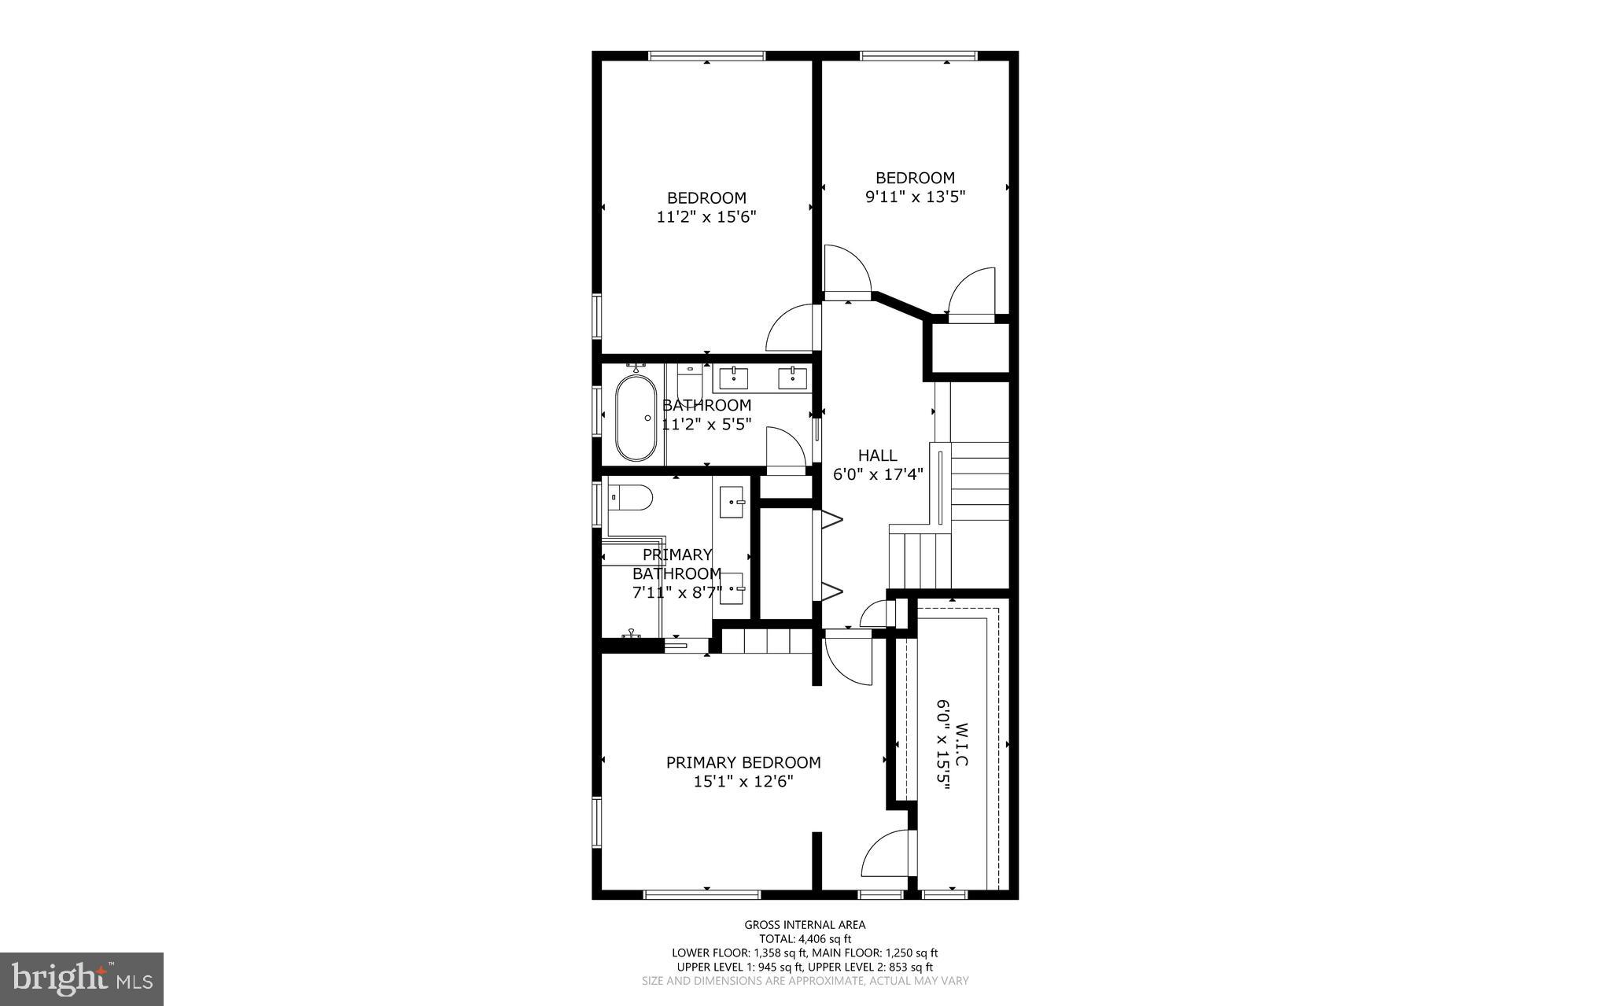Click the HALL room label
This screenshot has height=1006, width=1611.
pos(877,455)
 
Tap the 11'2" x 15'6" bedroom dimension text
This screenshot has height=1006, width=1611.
pos(706,217)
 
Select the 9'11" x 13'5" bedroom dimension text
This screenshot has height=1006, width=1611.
pos(915,197)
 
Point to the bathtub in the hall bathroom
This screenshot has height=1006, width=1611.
pos(636,418)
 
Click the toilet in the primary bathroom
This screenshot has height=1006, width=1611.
pos(632,498)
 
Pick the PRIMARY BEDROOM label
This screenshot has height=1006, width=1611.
pos(743,762)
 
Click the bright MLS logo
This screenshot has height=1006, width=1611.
pos(82,978)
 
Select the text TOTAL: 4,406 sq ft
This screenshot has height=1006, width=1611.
pos(805,938)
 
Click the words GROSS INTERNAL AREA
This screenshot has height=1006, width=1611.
pos(805,925)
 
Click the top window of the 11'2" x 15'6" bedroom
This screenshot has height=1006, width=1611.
pos(706,56)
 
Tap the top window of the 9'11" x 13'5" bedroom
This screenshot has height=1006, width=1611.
pos(918,56)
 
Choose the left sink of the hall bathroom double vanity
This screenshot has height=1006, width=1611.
pos(735,378)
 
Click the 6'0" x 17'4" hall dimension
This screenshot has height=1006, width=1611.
pos(877,475)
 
